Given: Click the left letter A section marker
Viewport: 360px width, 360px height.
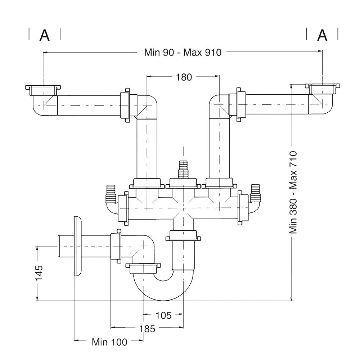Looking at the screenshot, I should tap(44, 35).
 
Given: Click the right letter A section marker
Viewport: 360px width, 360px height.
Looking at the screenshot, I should tap(323, 35).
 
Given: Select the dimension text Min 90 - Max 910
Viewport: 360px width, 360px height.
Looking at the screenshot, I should tap(183, 52).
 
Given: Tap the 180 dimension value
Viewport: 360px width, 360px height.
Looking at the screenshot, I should tap(184, 77).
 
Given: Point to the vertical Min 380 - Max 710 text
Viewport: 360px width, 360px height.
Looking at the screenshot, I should tap(294, 193).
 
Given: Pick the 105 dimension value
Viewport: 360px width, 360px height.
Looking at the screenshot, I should tap(163, 315).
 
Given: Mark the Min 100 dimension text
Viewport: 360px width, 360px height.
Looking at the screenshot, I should tap(109, 342).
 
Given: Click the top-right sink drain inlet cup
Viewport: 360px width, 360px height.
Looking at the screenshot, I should tap(322, 87).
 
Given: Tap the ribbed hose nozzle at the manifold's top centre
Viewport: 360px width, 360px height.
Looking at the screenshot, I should tap(184, 170).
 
